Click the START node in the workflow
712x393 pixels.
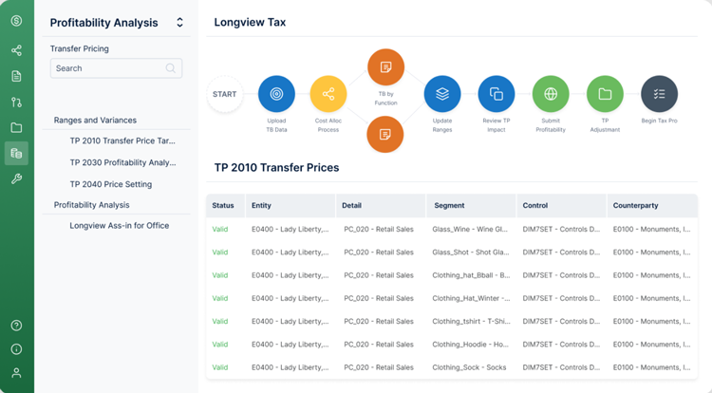tap(225, 94)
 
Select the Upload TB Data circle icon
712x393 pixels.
tap(276, 94)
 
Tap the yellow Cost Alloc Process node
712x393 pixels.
tap(328, 94)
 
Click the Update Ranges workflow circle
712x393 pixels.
tap(442, 94)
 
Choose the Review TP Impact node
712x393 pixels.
tap(497, 94)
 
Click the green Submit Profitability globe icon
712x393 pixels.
tap(551, 94)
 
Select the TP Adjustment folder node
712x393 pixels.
tap(605, 94)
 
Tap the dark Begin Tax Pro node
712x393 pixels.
tap(659, 94)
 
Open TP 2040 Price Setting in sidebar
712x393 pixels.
tap(110, 184)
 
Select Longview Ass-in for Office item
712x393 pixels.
tap(119, 226)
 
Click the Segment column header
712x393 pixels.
tap(449, 205)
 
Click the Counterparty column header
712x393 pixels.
tap(635, 205)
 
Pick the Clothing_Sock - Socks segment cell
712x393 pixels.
tap(470, 367)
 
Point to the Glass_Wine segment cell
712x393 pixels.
tap(470, 229)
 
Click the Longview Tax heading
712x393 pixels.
tap(250, 22)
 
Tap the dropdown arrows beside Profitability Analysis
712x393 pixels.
tap(179, 23)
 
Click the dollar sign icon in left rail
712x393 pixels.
tap(16, 22)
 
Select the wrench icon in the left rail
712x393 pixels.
tap(16, 178)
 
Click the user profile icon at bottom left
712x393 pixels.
tap(16, 373)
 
